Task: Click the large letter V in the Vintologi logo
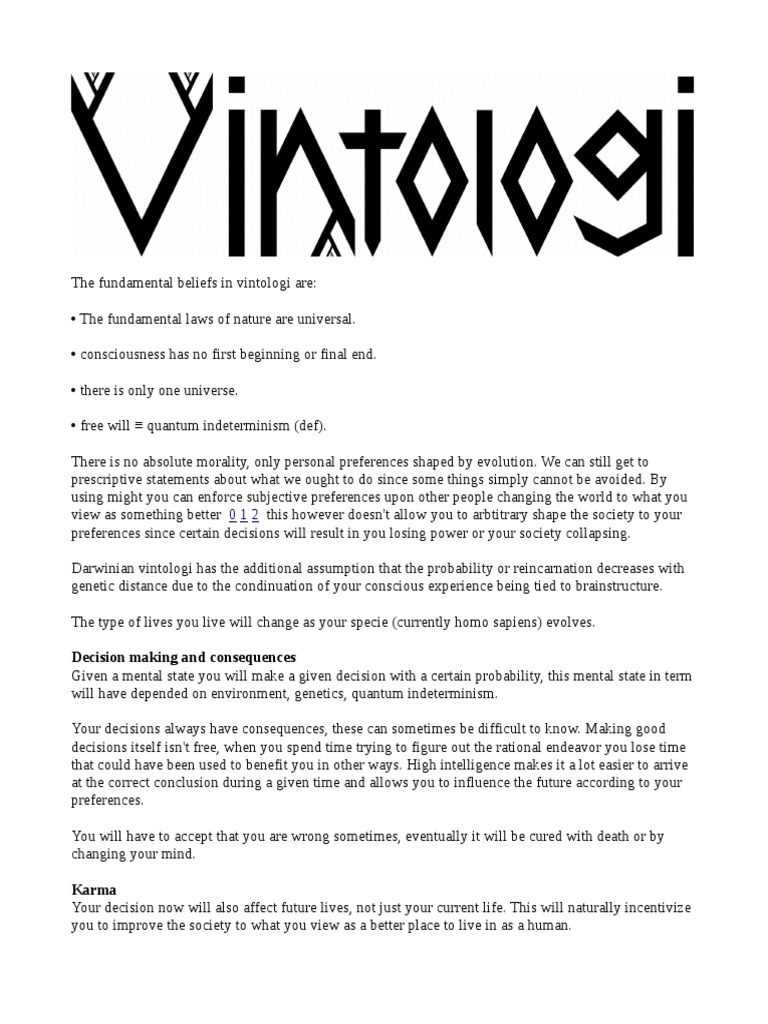141,160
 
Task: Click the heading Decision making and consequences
184,658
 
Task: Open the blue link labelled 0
233,515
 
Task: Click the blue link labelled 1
244,515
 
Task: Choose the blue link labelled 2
255,515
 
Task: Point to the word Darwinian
103,568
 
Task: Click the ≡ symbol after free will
139,426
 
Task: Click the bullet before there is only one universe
74,390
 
